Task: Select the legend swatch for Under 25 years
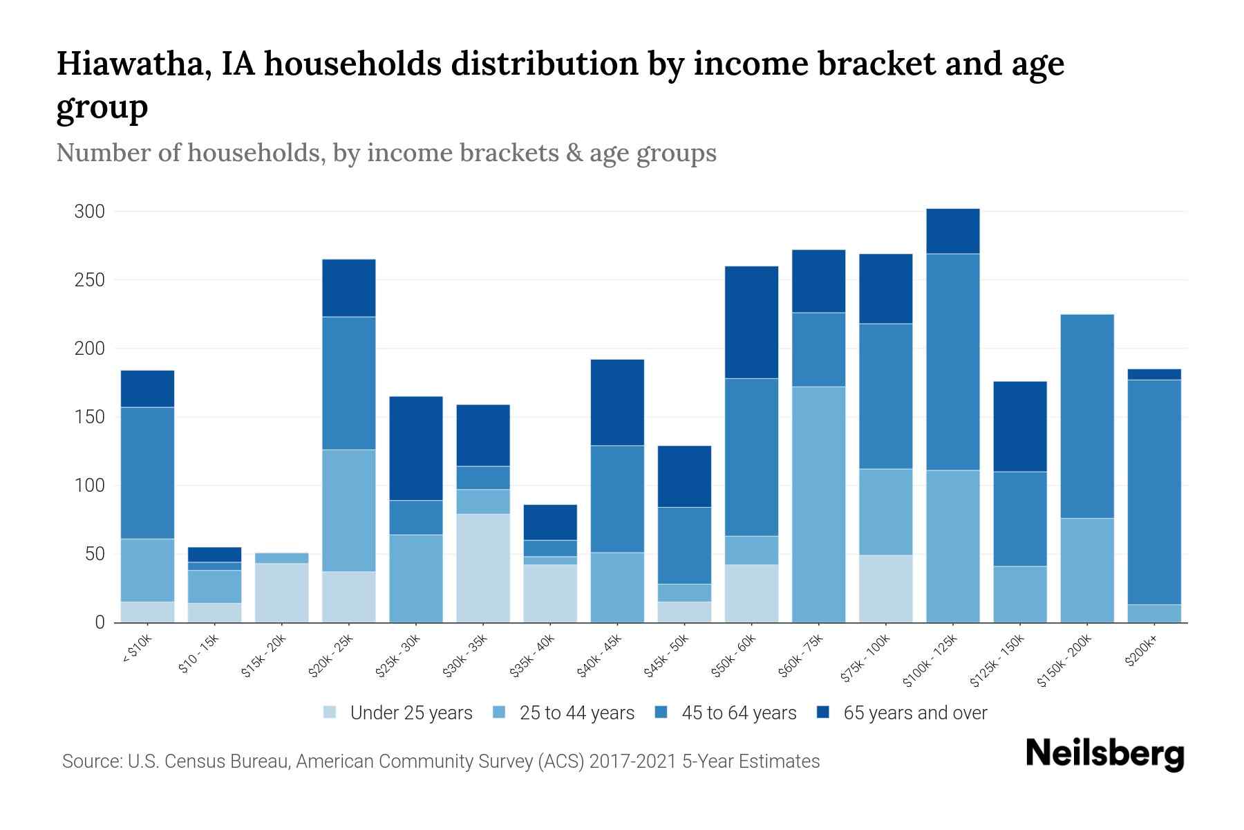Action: tap(330, 712)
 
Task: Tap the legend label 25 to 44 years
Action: tap(576, 712)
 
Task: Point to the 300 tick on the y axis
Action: tap(90, 212)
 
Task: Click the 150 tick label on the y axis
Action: tap(90, 417)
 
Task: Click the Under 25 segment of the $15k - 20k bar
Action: tap(282, 593)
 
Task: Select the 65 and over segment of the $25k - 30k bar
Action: tap(416, 448)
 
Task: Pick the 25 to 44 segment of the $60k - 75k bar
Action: tap(819, 505)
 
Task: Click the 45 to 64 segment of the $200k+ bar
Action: tap(1154, 492)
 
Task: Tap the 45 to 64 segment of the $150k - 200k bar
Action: tap(1087, 416)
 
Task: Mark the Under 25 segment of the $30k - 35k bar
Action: tap(483, 568)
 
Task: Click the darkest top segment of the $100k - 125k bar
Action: tap(953, 232)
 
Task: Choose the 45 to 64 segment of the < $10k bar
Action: tap(148, 473)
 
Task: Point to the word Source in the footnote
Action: tap(91, 762)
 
